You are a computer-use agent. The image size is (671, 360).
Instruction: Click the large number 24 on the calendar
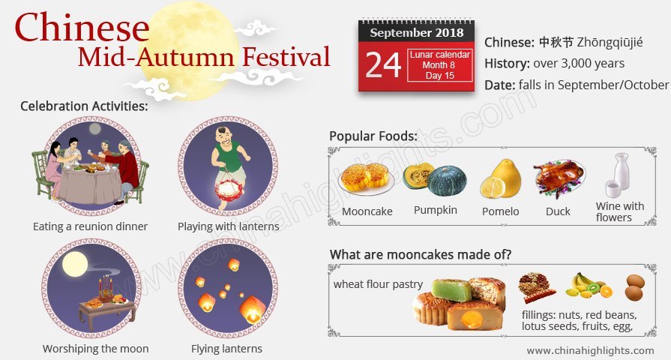coord(383,65)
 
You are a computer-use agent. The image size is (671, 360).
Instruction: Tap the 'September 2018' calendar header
coord(417,32)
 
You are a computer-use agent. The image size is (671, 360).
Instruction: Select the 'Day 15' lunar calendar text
coord(440,76)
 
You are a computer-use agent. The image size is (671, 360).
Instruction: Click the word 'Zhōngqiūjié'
coord(610,43)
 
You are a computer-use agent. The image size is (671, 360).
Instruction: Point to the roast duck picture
coord(559,178)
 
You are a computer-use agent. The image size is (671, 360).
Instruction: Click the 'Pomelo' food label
coord(500,211)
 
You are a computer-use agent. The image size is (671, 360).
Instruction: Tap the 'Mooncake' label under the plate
coord(367,211)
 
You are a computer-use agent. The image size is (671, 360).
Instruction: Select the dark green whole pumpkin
coord(447,181)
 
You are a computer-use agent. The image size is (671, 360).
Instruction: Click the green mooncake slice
coord(451,290)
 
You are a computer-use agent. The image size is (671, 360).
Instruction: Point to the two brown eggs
coord(634,287)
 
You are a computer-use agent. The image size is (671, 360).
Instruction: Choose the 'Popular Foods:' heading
coord(373,136)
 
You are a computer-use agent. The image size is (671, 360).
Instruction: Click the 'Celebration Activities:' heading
coord(84,106)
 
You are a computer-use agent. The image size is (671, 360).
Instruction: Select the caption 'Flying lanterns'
coord(226,349)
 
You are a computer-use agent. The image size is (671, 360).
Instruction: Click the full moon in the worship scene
coord(75,264)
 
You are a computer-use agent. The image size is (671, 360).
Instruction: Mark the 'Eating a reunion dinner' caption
coord(90,226)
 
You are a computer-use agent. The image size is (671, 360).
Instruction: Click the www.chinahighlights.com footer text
coord(590,350)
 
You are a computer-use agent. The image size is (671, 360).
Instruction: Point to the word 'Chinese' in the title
coord(82,27)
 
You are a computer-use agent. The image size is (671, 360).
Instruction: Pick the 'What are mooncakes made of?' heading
coord(421,255)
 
